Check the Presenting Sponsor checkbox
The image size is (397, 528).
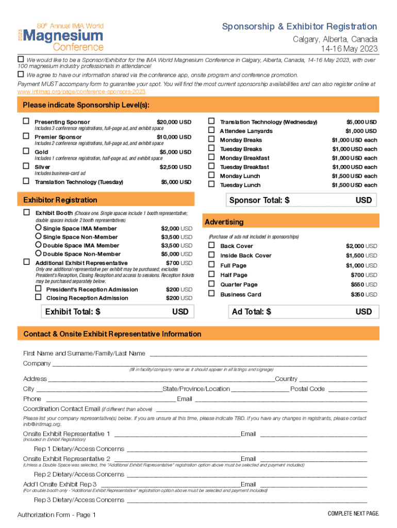point(26,122)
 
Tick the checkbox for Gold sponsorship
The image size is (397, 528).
point(26,152)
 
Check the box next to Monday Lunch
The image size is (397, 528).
point(211,176)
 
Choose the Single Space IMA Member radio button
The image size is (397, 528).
point(39,228)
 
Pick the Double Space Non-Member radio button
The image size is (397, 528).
point(39,253)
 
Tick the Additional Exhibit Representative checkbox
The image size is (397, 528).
point(26,262)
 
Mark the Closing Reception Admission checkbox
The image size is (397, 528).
point(38,298)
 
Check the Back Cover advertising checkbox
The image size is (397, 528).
point(211,245)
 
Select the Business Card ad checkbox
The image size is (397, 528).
point(211,294)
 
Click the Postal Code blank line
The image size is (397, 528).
point(348,389)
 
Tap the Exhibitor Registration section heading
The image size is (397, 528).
point(60,200)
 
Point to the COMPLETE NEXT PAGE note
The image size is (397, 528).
point(353,514)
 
